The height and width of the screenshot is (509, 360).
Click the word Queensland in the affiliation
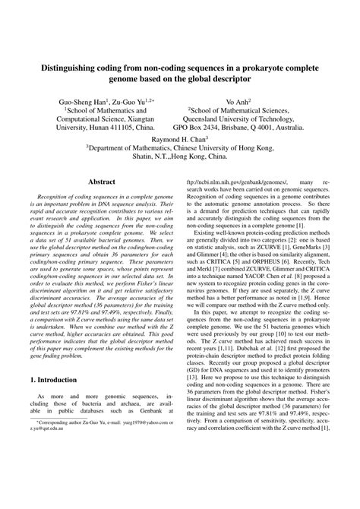coord(216,120)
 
